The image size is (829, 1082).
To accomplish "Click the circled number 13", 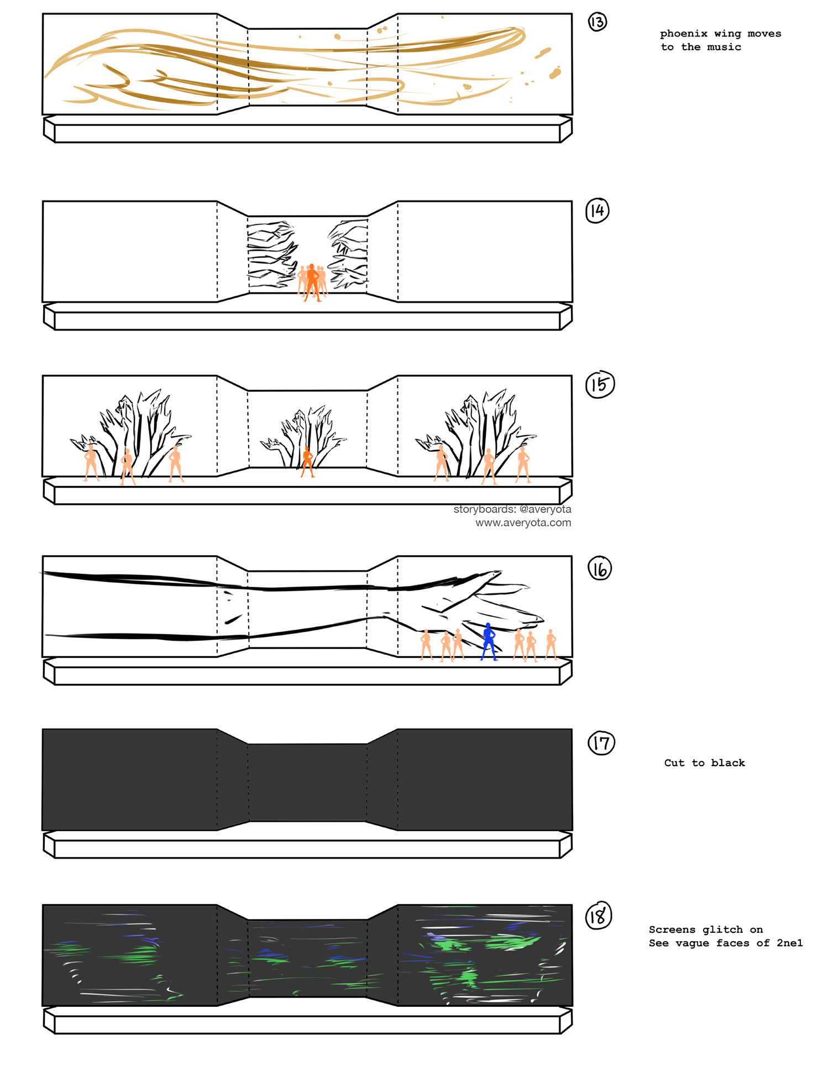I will click(597, 22).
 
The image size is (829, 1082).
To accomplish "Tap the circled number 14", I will click(597, 210).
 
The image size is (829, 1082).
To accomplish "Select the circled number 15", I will click(600, 384).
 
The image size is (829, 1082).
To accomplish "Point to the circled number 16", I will click(600, 569).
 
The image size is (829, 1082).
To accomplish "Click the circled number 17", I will click(601, 743).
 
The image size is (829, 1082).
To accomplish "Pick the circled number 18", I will click(599, 917).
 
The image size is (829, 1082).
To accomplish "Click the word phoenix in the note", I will click(684, 34).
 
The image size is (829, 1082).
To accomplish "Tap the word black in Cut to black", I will click(728, 763).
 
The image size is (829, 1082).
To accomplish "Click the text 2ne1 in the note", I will click(789, 943).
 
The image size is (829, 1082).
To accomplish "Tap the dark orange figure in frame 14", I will click(312, 282).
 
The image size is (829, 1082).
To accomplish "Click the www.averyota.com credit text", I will click(523, 522).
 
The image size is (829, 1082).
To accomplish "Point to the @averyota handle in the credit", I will click(545, 509).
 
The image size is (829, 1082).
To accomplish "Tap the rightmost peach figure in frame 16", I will click(550, 645).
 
